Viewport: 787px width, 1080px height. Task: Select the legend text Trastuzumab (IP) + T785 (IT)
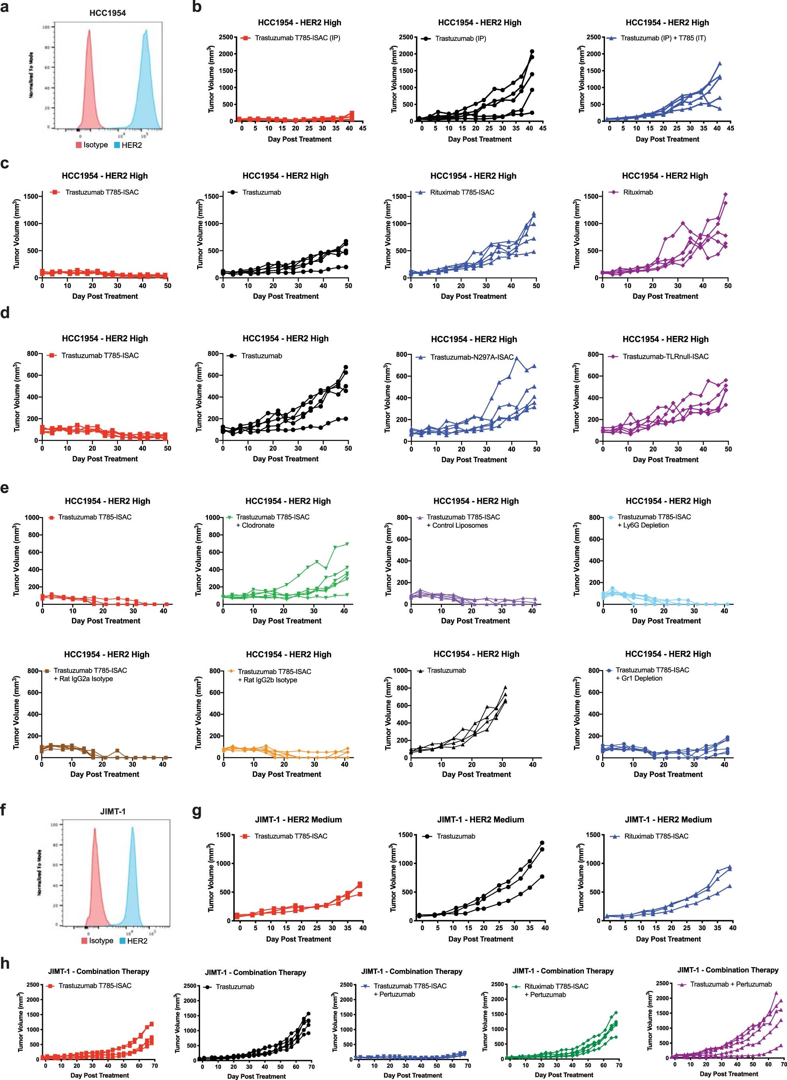pos(663,38)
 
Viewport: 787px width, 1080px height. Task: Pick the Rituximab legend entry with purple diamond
pos(638,192)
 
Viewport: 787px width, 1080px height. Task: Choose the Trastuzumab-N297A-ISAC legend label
pos(472,357)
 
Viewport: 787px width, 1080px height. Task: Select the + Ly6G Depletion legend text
pos(643,525)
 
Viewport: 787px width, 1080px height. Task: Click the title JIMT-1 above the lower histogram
pos(113,811)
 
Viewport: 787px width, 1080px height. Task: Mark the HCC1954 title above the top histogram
pos(108,13)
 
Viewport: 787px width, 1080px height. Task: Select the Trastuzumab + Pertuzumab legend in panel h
pos(731,984)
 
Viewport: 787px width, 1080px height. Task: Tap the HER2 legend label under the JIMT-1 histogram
pos(137,941)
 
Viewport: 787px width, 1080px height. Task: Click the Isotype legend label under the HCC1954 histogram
pos(95,145)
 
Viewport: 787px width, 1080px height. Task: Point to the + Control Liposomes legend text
pos(460,525)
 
